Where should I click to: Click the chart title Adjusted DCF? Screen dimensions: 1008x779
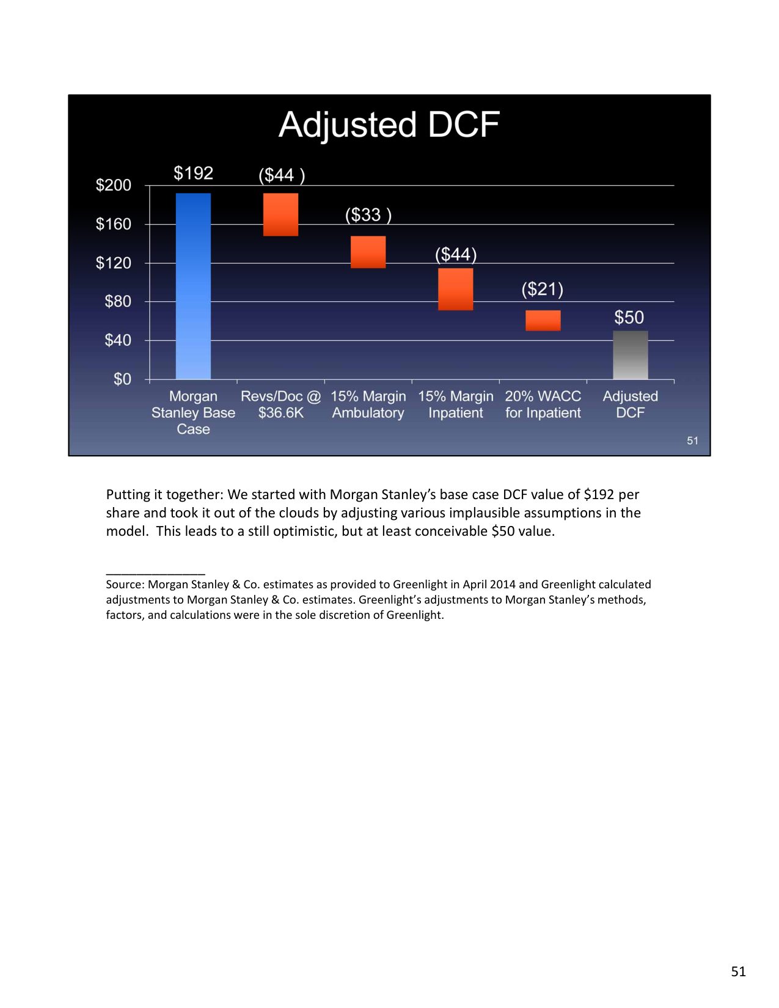[x=389, y=125]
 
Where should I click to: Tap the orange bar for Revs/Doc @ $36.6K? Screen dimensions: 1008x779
[x=280, y=214]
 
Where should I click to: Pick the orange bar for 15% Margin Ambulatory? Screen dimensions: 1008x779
[x=368, y=252]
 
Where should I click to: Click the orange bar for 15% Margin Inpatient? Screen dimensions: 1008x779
[x=455, y=289]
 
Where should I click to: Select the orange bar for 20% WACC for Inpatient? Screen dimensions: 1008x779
[x=543, y=320]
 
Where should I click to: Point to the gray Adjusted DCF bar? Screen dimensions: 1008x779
[x=630, y=355]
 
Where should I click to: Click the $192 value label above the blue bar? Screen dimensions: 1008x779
[x=193, y=173]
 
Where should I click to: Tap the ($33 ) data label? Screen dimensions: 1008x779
[x=368, y=214]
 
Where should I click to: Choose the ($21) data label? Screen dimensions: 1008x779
[x=542, y=288]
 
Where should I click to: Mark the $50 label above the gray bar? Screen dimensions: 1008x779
[x=629, y=317]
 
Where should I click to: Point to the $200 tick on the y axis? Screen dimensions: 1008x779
[x=114, y=185]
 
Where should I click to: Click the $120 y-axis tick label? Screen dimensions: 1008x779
[x=114, y=263]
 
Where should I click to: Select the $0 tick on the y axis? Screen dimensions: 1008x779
[x=122, y=379]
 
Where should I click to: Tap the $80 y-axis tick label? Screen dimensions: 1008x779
[x=118, y=301]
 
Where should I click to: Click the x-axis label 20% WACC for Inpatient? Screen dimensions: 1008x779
[x=543, y=404]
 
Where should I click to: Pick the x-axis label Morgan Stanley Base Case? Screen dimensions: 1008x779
[x=193, y=412]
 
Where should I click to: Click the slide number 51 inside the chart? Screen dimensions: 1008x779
[x=692, y=440]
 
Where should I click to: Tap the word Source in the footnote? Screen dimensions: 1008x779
[x=125, y=585]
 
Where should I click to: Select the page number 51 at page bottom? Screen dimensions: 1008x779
[x=738, y=971]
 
